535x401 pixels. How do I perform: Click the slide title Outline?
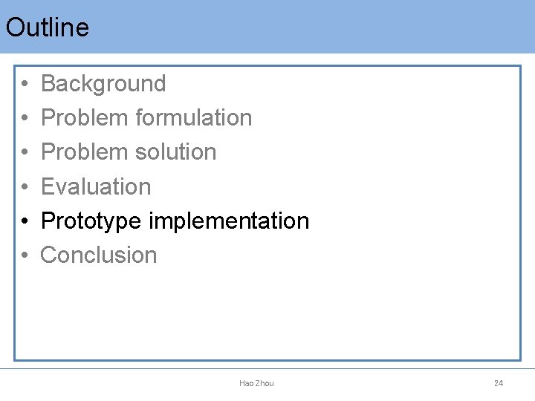pyautogui.click(x=47, y=27)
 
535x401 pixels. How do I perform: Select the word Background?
pyautogui.click(x=103, y=84)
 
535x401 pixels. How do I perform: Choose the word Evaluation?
pyautogui.click(x=96, y=186)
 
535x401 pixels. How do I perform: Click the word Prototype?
pyautogui.click(x=91, y=221)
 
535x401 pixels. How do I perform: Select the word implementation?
pyautogui.click(x=229, y=221)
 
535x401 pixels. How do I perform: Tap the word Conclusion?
pyautogui.click(x=99, y=255)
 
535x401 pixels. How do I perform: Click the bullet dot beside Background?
pyautogui.click(x=25, y=85)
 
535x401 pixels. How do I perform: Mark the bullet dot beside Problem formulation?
pyautogui.click(x=25, y=119)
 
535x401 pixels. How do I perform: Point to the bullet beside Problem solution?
pyautogui.click(x=25, y=153)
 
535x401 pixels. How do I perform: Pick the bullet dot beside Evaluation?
pyautogui.click(x=25, y=187)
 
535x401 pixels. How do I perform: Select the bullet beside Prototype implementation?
pyautogui.click(x=25, y=221)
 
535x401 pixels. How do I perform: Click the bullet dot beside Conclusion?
pyautogui.click(x=25, y=255)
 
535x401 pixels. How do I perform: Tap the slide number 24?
pyautogui.click(x=499, y=383)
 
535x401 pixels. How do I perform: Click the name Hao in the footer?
pyautogui.click(x=247, y=383)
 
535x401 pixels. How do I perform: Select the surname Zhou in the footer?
pyautogui.click(x=265, y=383)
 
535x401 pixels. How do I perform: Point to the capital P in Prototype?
pyautogui.click(x=48, y=221)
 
